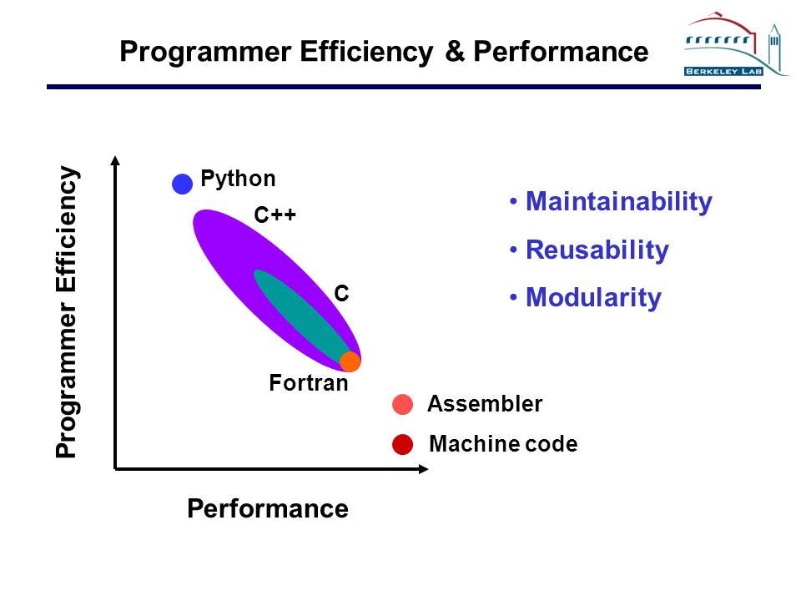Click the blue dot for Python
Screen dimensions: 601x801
tap(182, 184)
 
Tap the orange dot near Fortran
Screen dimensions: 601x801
tap(350, 361)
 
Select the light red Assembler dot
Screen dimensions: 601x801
tap(402, 405)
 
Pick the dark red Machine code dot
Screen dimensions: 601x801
tap(402, 445)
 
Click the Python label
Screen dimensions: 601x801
tap(238, 179)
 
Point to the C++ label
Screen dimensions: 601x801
tap(275, 216)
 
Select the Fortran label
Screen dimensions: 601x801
tap(308, 384)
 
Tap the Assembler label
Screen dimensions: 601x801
tap(484, 405)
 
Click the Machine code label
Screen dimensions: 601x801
tap(502, 445)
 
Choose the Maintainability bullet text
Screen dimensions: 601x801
tap(618, 202)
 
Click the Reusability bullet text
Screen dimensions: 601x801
tap(597, 250)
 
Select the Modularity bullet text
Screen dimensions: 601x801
tap(592, 298)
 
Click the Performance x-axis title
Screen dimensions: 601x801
tap(268, 508)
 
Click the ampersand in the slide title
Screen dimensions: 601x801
tap(454, 52)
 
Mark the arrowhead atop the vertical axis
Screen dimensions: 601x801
tap(116, 160)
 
